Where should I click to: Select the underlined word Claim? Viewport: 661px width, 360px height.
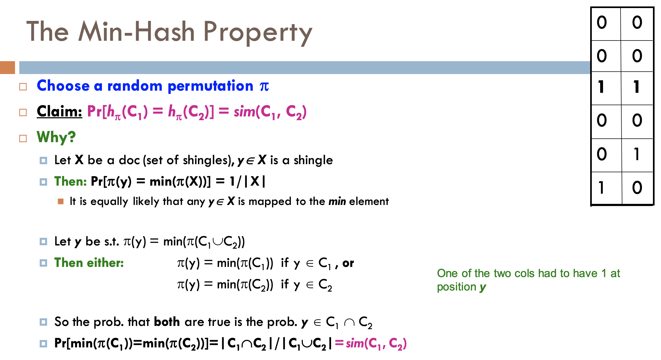59,111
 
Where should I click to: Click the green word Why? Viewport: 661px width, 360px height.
56,137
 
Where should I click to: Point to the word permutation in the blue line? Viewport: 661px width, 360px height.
210,86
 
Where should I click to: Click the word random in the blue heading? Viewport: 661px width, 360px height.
135,86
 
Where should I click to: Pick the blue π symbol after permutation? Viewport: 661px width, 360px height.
264,86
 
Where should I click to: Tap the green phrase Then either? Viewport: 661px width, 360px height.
89,263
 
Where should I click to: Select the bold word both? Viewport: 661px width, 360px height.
167,322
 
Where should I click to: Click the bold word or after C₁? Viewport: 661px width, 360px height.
348,263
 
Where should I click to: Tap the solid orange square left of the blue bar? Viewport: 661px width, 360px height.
7,67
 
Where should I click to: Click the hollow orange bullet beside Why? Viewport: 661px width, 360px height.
23,138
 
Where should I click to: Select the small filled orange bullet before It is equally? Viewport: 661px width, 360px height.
61,201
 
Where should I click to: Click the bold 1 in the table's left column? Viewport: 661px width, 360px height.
601,87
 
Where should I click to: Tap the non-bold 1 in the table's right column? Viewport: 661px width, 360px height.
637,154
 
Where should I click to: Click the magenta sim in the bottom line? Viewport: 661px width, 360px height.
355,343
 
